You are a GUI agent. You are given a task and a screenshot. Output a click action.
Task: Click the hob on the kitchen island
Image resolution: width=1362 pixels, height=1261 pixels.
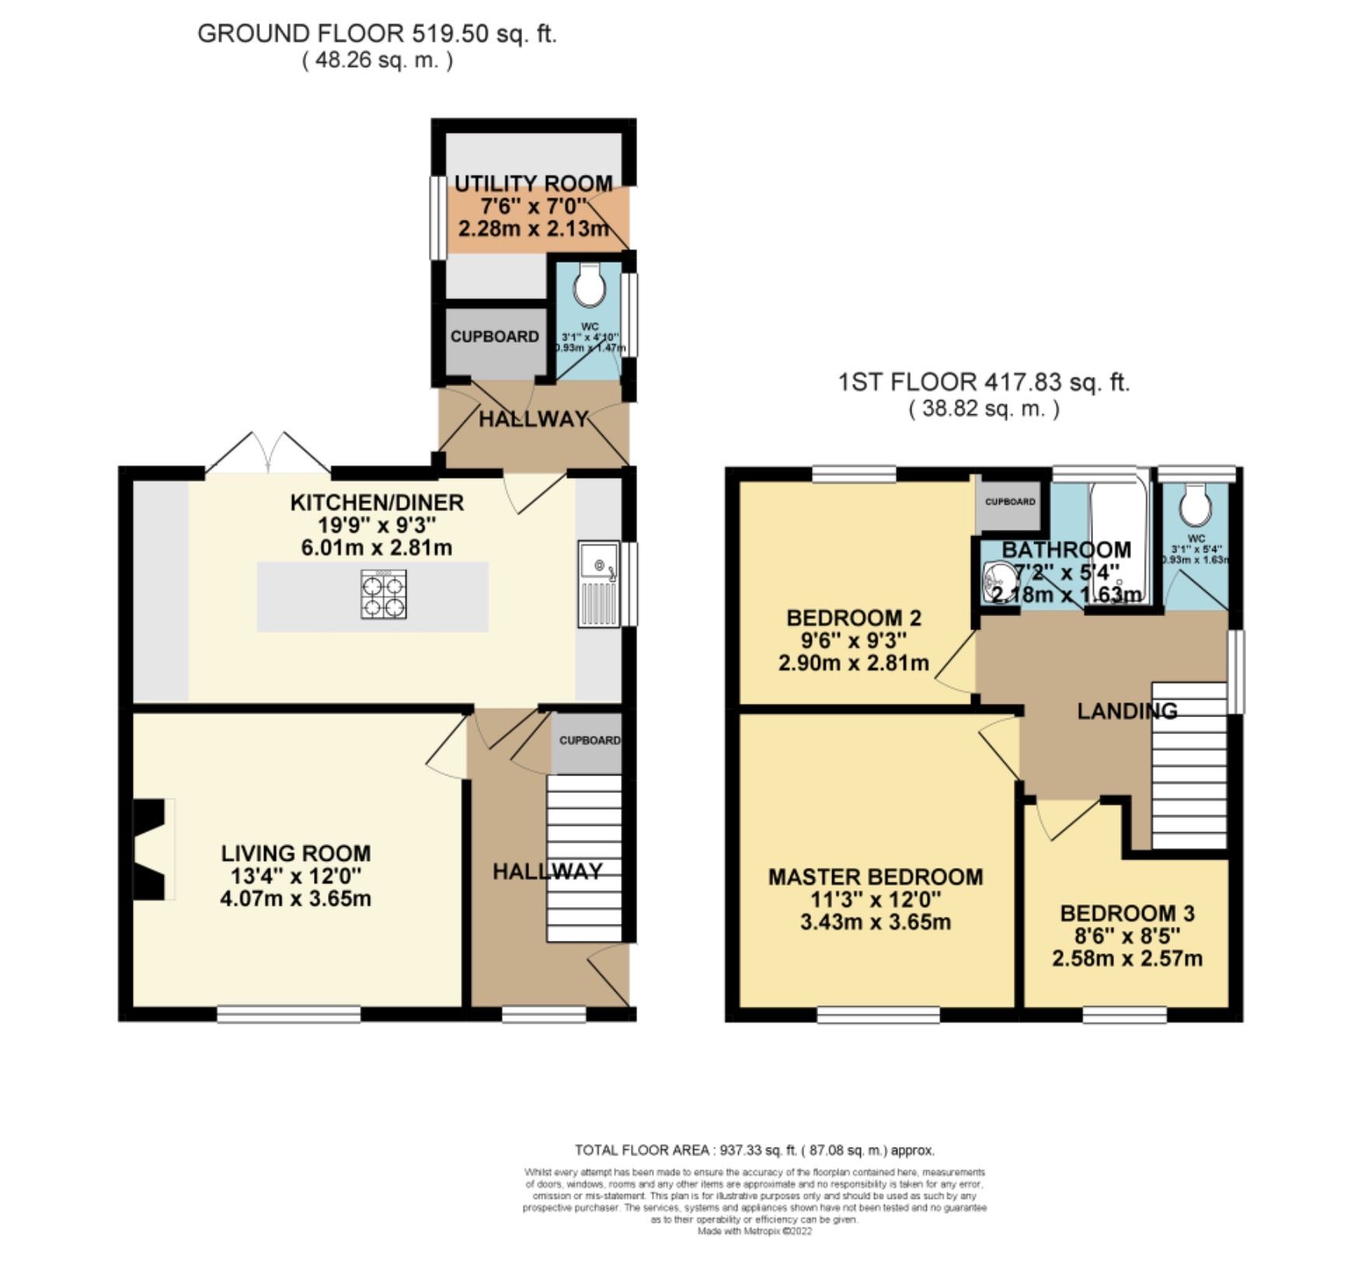click(383, 594)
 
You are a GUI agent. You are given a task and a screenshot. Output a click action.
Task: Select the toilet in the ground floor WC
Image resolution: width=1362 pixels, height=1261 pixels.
click(588, 286)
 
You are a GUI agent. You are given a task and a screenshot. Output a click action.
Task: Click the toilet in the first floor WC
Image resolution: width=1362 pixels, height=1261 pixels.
click(1195, 507)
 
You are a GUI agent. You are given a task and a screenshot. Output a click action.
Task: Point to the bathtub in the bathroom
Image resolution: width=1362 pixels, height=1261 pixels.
click(1119, 536)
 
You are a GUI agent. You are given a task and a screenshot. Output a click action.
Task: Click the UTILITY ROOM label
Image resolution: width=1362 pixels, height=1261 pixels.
click(533, 184)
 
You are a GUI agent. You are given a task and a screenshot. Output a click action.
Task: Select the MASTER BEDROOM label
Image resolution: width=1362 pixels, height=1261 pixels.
click(875, 877)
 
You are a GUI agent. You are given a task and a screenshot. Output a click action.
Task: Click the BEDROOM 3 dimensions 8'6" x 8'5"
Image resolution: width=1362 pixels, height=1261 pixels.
click(1127, 935)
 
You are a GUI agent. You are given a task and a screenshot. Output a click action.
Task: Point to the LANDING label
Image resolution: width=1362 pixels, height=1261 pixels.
click(1126, 710)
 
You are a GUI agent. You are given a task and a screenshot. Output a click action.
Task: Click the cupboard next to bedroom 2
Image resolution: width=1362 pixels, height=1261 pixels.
click(1009, 502)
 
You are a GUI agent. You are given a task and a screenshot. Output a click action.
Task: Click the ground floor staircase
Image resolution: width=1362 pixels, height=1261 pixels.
click(584, 859)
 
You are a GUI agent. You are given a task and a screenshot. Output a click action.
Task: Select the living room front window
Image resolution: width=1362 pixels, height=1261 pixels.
click(288, 1013)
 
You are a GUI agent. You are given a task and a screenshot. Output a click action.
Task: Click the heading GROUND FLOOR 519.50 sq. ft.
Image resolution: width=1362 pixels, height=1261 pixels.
click(377, 33)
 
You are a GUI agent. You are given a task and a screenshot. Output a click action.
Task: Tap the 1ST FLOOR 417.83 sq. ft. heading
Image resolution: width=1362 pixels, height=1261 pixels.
click(984, 382)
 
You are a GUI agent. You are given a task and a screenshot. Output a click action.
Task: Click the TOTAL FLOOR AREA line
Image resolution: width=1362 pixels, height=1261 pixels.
click(754, 1150)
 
